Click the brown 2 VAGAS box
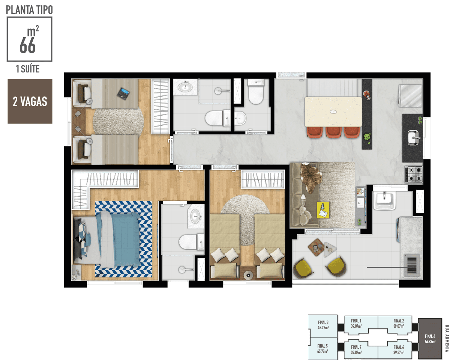pos(30,101)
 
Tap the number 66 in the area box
pos(27,45)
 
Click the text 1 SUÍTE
pos(28,69)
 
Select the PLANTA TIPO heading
pos(29,10)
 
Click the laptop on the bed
pos(123,93)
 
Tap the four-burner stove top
pos(414,174)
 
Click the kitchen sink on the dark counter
pos(413,137)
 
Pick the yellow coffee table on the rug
pos(323,210)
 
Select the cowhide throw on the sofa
pos(310,178)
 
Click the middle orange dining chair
pos(333,132)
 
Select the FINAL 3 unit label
pos(323,325)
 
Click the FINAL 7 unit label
pos(356,349)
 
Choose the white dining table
pos(333,112)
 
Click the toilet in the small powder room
pos(255,93)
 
